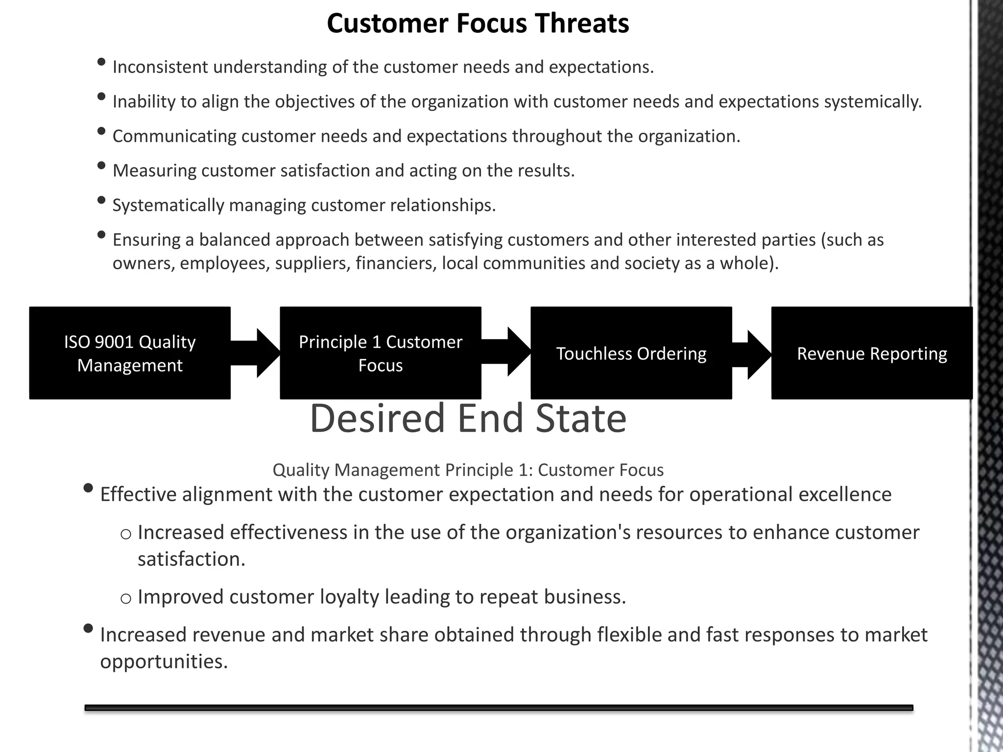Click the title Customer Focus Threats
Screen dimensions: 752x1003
478,23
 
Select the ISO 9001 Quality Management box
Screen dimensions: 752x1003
130,353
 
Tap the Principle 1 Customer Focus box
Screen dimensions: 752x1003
380,353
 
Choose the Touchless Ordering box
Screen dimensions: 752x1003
631,353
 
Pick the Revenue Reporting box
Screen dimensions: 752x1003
871,353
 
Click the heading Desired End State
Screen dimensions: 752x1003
468,419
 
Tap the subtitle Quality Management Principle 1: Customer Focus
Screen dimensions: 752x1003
468,470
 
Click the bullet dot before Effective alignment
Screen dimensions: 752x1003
89,488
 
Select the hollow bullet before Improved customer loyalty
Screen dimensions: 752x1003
126,598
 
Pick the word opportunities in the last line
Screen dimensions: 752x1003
164,662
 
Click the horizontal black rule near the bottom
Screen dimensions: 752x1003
499,707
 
